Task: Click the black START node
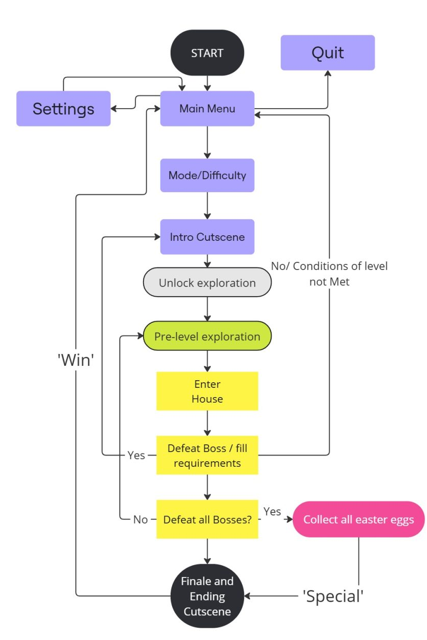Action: click(207, 53)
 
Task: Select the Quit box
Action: click(328, 53)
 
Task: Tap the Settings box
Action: click(64, 109)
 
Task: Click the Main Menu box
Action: click(207, 109)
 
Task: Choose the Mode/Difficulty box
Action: click(207, 175)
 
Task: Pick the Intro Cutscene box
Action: click(207, 237)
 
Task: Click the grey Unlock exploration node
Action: click(207, 282)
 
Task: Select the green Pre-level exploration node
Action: click(207, 336)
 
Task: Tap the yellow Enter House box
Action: click(207, 391)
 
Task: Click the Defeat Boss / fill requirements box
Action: click(207, 455)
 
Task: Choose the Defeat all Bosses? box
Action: click(207, 519)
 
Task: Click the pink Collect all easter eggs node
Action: click(359, 519)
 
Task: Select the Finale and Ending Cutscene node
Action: click(207, 596)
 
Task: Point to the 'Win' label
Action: click(76, 360)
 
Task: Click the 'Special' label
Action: click(333, 596)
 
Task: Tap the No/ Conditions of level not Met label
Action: click(329, 274)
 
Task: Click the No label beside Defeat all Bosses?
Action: click(140, 520)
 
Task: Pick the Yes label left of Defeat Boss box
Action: click(136, 455)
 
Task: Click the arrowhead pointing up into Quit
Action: click(328, 73)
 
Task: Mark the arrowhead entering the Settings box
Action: click(113, 109)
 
